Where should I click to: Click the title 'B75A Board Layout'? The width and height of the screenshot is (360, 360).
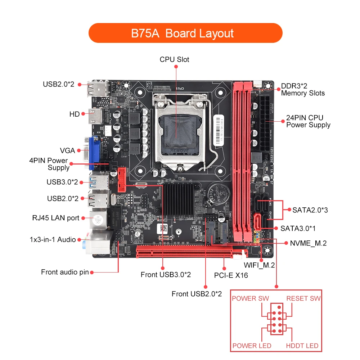(182, 33)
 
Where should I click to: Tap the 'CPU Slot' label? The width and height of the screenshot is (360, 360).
(174, 59)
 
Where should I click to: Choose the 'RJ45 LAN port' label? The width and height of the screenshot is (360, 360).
(56, 218)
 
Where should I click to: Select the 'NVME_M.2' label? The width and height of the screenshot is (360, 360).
(308, 243)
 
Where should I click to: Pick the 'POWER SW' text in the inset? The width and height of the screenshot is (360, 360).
(250, 298)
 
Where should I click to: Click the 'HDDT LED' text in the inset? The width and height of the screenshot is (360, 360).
(302, 346)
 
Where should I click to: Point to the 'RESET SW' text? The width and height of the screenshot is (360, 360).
(303, 298)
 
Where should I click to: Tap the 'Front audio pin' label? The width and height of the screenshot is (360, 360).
(64, 272)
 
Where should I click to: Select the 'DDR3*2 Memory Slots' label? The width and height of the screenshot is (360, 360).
(303, 90)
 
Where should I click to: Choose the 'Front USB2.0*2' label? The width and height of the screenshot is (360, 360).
(197, 294)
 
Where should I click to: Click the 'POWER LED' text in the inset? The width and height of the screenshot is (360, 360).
(252, 346)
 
